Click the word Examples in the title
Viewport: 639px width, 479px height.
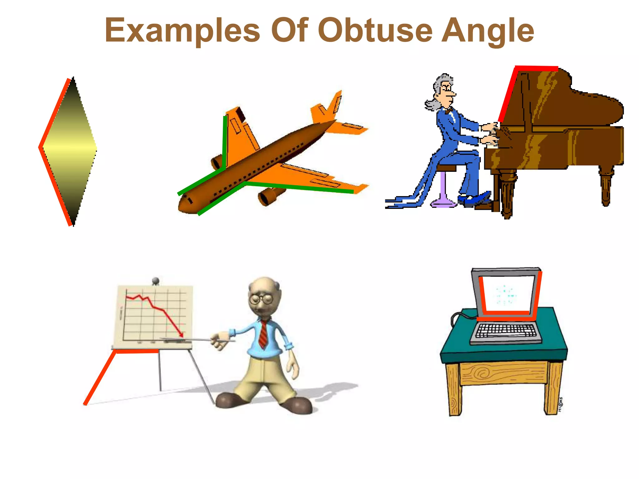[183, 30]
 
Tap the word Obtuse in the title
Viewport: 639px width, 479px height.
[376, 30]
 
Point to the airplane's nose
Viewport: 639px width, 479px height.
[184, 206]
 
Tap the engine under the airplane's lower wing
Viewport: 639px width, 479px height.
[268, 195]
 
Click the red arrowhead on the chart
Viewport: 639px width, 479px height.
[181, 334]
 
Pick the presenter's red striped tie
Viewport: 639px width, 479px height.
[264, 334]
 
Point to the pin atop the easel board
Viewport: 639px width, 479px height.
[155, 281]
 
